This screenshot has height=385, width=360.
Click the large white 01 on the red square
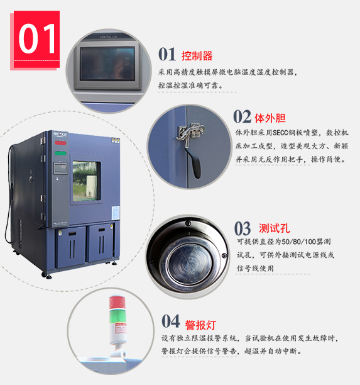coord(37,38)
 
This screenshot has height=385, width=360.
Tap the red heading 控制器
coord(197,56)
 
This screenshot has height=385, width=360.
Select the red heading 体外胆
coord(270,118)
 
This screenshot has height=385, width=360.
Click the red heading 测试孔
coord(275,228)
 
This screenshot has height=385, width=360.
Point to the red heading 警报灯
coord(200,325)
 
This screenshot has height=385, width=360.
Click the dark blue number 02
coord(242,116)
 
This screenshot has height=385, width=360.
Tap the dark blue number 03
coord(243,228)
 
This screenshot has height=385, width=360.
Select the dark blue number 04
coord(171,321)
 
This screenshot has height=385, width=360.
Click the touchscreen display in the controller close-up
coord(107,64)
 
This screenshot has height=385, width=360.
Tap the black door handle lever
coord(195,164)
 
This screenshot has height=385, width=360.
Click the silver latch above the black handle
coord(190,134)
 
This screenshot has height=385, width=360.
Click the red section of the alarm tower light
coord(117,303)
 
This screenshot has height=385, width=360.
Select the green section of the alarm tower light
coord(117,316)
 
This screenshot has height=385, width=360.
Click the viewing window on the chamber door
coord(87,181)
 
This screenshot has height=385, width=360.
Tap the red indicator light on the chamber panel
coord(60,143)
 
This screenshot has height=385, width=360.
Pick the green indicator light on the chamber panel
coord(60,153)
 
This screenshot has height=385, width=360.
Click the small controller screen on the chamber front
coord(60,169)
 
